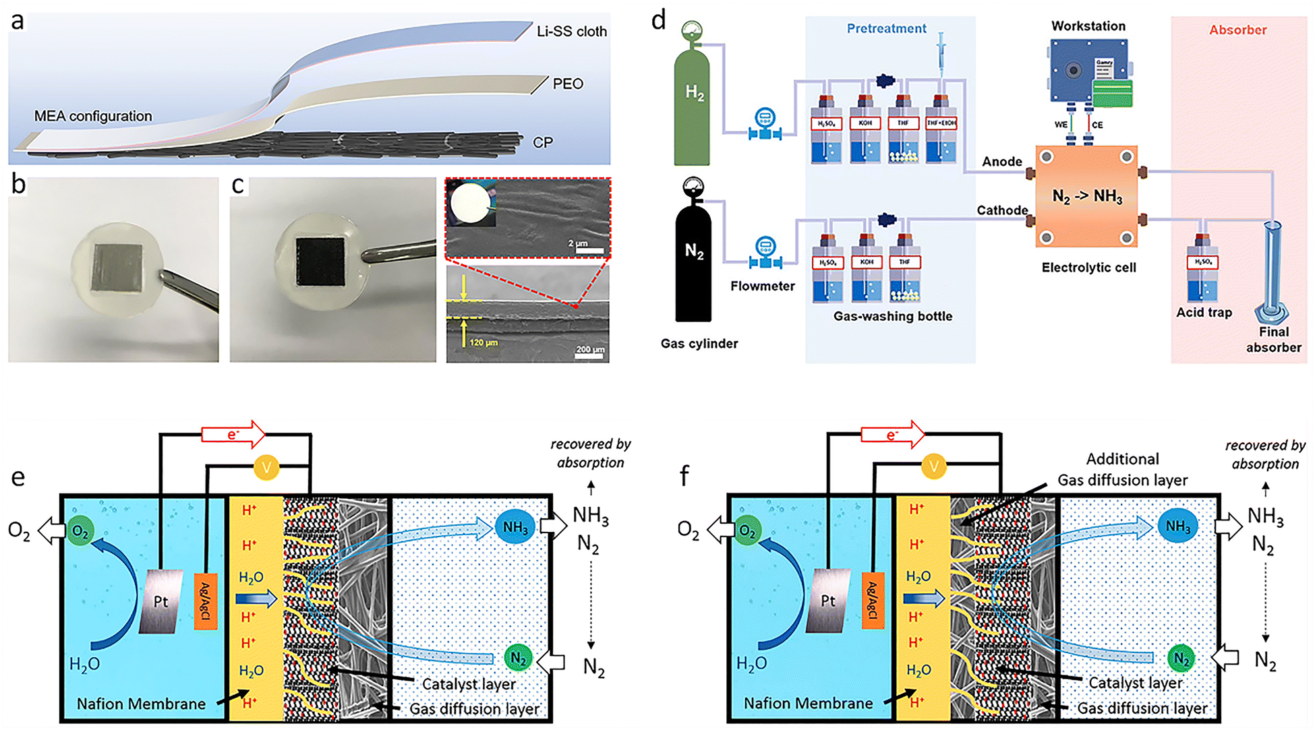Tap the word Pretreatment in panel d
[x=886, y=28]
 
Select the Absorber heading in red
[x=1237, y=30]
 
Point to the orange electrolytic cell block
[x=1086, y=196]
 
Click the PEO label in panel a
[x=568, y=84]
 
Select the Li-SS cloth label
[x=571, y=32]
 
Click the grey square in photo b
[x=117, y=267]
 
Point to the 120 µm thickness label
[x=484, y=343]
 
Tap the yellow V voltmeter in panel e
[x=266, y=467]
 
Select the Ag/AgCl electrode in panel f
[x=873, y=600]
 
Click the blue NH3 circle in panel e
[x=515, y=527]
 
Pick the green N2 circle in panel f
[x=1181, y=658]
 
